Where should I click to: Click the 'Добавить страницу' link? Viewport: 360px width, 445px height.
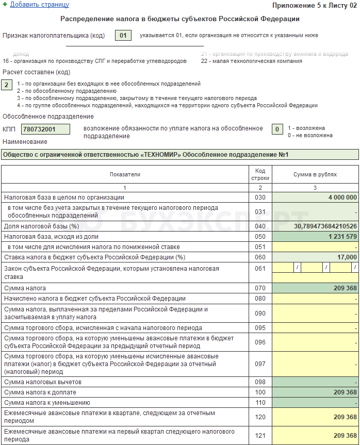(x=39, y=5)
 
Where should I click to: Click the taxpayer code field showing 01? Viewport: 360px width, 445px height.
(x=122, y=36)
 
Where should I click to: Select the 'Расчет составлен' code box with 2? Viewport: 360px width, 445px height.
(x=7, y=85)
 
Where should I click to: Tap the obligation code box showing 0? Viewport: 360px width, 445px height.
(x=277, y=129)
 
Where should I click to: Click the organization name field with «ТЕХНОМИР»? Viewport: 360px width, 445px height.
(x=179, y=155)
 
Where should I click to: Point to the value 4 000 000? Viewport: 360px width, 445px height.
(x=315, y=197)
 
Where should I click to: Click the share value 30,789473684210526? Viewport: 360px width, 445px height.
(x=315, y=226)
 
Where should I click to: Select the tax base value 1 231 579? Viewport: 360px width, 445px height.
(x=315, y=237)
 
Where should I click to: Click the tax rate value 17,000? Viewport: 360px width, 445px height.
(x=315, y=257)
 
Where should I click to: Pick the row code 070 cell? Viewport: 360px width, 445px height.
(x=260, y=288)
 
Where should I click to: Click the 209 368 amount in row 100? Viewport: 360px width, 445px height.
(x=315, y=392)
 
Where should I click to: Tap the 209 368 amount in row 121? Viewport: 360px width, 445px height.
(x=315, y=436)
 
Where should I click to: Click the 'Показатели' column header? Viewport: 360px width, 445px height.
(x=125, y=174)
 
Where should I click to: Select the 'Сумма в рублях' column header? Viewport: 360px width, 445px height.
(x=315, y=174)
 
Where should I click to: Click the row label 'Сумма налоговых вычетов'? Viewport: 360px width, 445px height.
(x=43, y=382)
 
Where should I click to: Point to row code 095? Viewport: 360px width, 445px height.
(x=260, y=328)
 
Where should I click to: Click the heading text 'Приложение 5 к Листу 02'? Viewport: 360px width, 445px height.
(x=314, y=5)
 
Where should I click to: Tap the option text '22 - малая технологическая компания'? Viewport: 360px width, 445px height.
(x=252, y=61)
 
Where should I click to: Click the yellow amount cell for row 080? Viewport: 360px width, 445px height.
(x=315, y=299)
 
